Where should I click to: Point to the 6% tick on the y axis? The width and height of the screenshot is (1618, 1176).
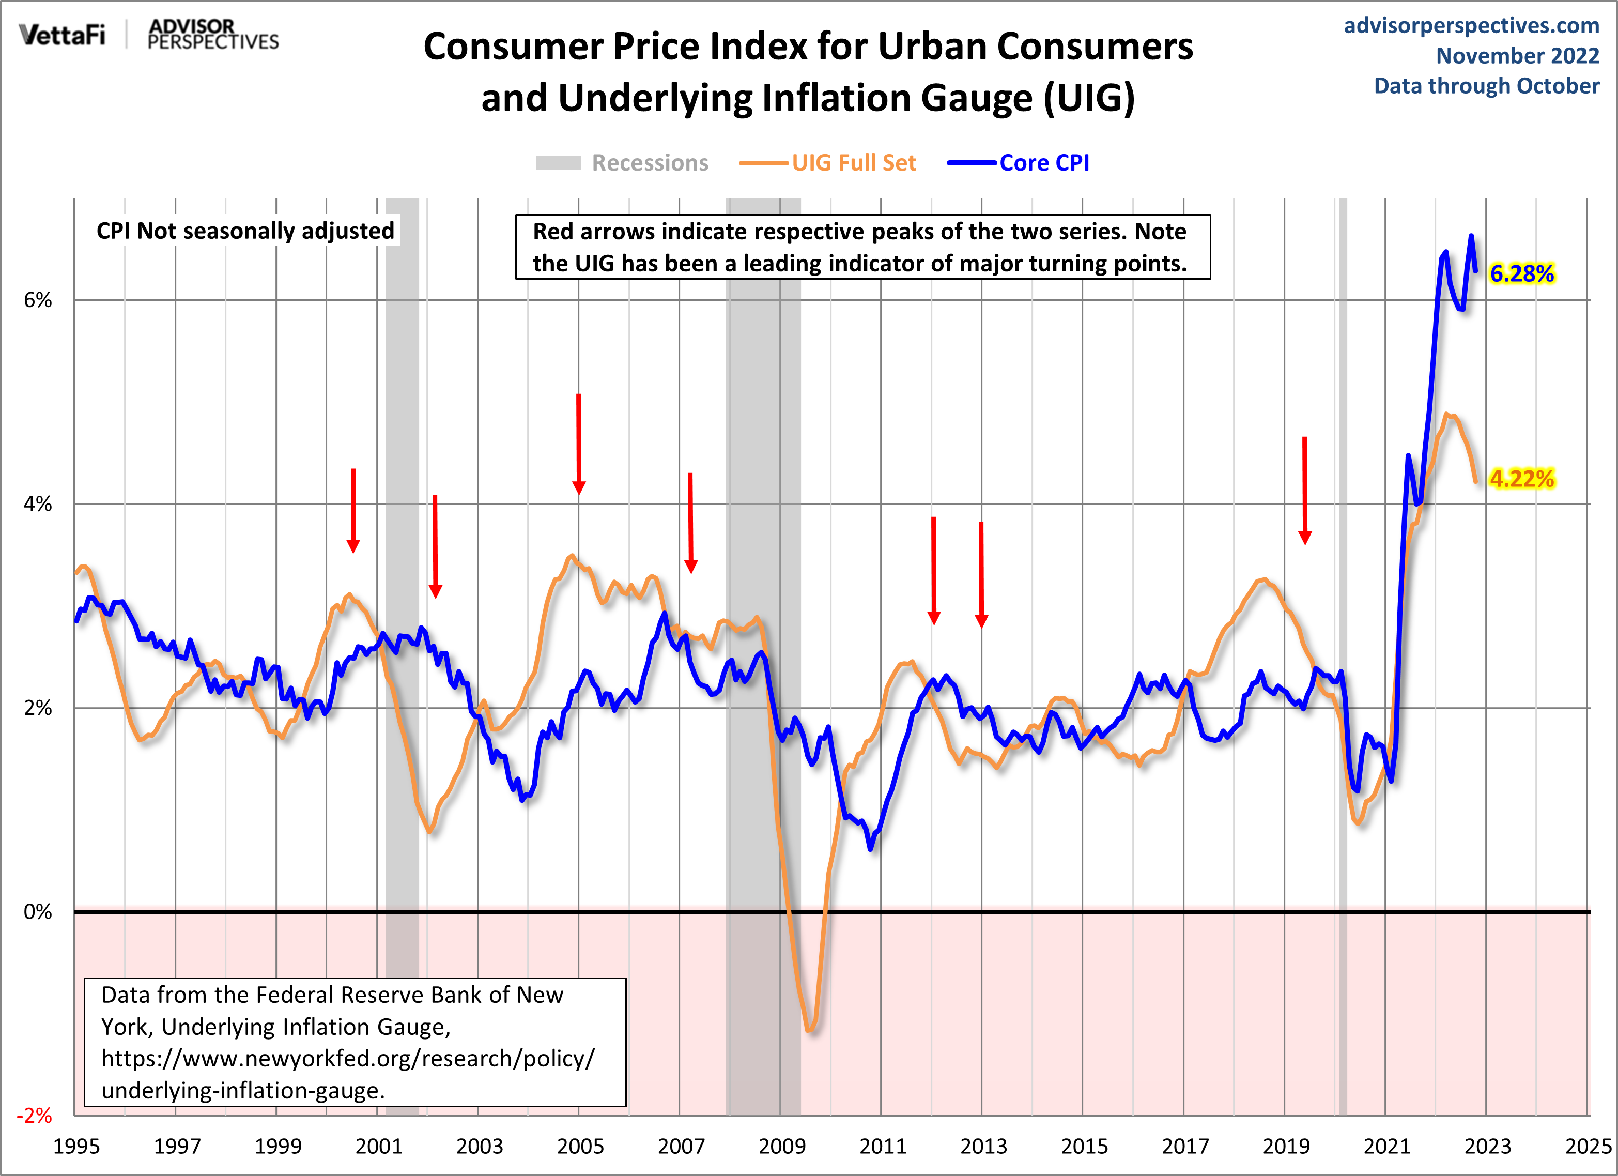(x=38, y=300)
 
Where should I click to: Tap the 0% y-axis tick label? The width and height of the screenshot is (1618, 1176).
(x=38, y=912)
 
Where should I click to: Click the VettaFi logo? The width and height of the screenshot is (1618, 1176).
(x=62, y=34)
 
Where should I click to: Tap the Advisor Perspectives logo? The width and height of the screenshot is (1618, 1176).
(x=212, y=34)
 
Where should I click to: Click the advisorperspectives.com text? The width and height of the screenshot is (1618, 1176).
(x=1471, y=26)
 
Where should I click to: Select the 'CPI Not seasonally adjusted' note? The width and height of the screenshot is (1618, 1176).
(x=245, y=231)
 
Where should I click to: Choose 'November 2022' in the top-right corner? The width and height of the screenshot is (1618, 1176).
(x=1517, y=56)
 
